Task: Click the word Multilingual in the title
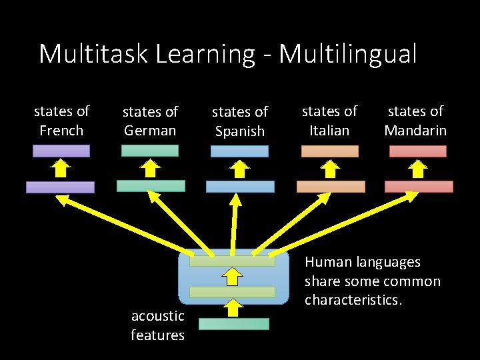click(x=347, y=54)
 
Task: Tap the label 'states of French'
click(x=61, y=121)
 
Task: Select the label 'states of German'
click(x=150, y=121)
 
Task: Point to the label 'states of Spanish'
click(x=240, y=121)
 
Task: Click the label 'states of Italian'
click(x=329, y=121)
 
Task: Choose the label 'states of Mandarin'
click(x=415, y=121)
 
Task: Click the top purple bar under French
click(x=61, y=151)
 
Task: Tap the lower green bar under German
click(x=151, y=186)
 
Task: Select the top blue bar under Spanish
click(x=239, y=151)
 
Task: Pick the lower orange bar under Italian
click(x=331, y=187)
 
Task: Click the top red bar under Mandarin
click(x=418, y=151)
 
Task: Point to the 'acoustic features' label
click(x=157, y=325)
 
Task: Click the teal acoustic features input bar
click(x=233, y=324)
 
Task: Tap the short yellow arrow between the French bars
click(x=61, y=168)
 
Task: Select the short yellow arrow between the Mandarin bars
click(x=418, y=169)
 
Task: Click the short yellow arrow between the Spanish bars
click(x=239, y=169)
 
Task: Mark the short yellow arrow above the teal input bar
click(x=232, y=307)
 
